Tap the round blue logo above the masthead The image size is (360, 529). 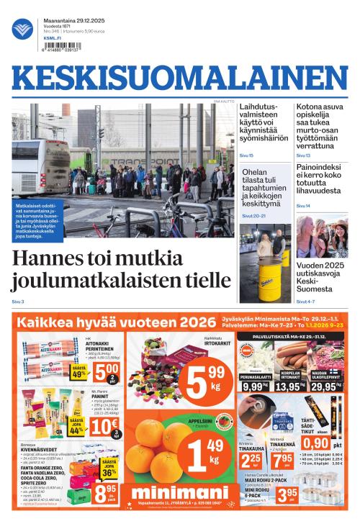[22, 29]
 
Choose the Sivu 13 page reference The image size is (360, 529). [303, 155]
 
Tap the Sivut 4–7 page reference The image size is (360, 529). [305, 302]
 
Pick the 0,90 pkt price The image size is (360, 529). [318, 443]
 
